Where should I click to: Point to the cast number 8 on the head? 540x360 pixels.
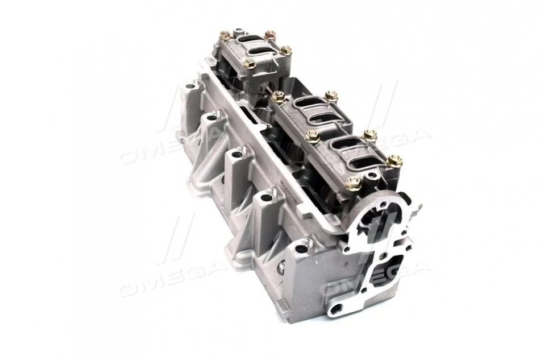pyautogui.click(x=344, y=266)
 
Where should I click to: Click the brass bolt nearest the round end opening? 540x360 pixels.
pyautogui.click(x=352, y=183)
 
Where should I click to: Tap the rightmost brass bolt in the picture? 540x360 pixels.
pyautogui.click(x=394, y=161)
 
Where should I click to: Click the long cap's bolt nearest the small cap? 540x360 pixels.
pyautogui.click(x=279, y=97)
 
